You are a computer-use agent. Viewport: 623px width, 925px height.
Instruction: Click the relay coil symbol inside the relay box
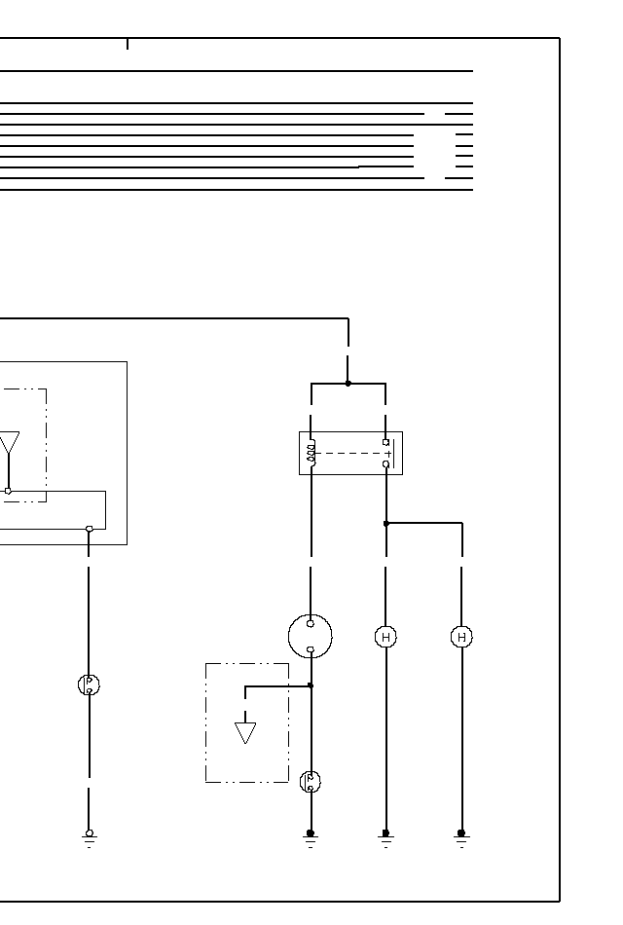[311, 453]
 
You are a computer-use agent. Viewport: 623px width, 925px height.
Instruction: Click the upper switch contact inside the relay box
[386, 442]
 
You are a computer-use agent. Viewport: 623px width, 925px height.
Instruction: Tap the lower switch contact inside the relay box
[386, 464]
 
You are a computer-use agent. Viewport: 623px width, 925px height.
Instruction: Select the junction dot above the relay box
[348, 384]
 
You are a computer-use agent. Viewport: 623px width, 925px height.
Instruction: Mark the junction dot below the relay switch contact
[386, 524]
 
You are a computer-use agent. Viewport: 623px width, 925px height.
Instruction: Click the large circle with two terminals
[311, 637]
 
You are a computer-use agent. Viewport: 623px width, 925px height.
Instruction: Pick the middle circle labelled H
[386, 637]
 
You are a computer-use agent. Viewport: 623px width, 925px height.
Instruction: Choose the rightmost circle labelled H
[461, 637]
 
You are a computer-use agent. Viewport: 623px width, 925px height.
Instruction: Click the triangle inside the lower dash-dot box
[245, 732]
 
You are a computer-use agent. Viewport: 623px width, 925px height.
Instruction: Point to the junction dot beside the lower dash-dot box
[311, 685]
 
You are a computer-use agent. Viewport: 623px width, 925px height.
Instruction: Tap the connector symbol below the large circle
[311, 781]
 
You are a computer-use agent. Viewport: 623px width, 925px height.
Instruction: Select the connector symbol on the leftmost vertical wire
[89, 684]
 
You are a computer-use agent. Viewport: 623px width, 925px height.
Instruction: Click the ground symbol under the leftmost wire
[89, 837]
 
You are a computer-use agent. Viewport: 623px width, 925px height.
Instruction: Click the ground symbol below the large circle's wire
[311, 837]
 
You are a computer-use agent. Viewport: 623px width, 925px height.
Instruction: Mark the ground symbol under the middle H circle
[386, 837]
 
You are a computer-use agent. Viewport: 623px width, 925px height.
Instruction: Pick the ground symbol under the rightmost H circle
[461, 837]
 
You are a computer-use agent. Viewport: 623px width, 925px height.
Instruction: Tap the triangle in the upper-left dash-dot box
[9, 445]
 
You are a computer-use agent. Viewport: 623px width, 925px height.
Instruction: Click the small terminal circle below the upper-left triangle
[9, 491]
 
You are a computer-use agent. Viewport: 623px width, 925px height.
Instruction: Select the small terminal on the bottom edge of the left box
[89, 529]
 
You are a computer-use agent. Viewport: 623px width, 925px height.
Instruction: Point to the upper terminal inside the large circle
[311, 624]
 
